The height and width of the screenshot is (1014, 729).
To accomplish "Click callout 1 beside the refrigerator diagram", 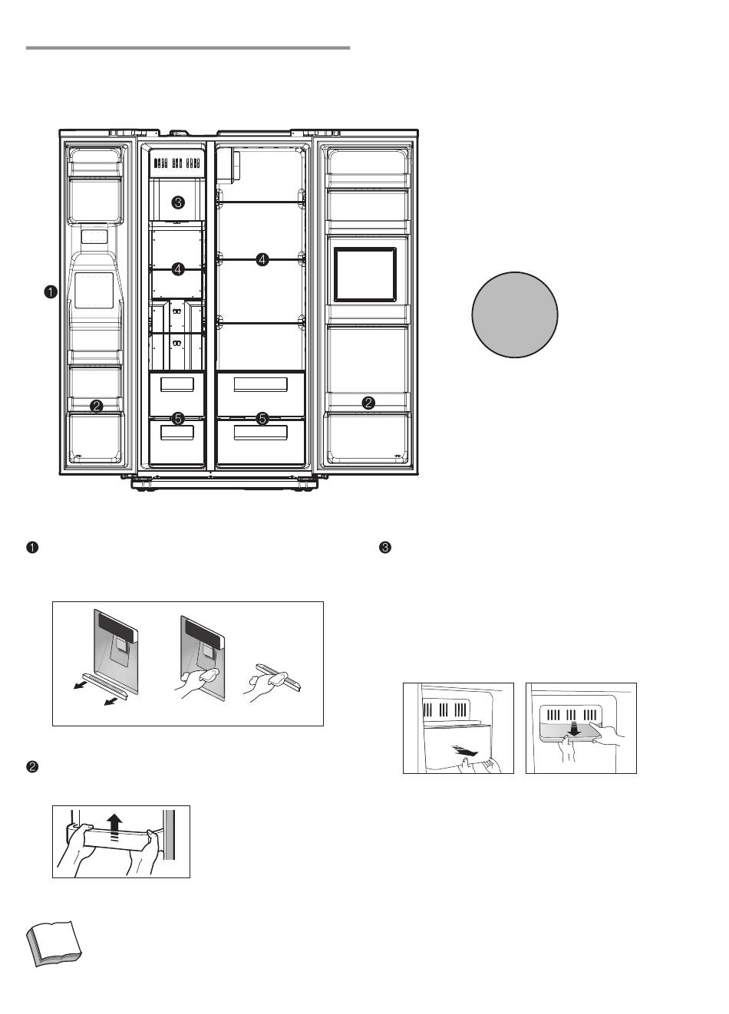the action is (x=50, y=291).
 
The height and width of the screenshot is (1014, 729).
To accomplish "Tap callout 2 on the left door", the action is (x=96, y=406).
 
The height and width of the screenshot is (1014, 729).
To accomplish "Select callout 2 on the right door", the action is (x=368, y=402).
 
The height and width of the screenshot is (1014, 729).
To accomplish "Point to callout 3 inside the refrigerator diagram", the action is (x=178, y=202).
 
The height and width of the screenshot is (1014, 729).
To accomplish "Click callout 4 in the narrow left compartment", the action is (x=178, y=269).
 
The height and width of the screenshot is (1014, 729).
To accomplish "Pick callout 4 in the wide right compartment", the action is (x=262, y=259).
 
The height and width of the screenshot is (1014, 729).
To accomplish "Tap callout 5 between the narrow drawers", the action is (x=178, y=419).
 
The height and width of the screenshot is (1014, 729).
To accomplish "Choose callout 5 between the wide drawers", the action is (x=262, y=419).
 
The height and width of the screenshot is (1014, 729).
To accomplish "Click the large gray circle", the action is (x=514, y=314).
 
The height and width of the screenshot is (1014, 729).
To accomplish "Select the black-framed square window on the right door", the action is (x=365, y=275).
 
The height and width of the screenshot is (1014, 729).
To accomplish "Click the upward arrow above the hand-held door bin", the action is (x=115, y=827).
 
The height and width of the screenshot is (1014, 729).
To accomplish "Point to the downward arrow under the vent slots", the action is (x=575, y=729).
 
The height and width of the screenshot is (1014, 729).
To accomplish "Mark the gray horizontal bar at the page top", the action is (x=188, y=48).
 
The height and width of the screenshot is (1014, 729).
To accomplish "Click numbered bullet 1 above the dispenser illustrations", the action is (x=32, y=548).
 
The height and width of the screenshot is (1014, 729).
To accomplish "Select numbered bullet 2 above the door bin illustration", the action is (x=32, y=767).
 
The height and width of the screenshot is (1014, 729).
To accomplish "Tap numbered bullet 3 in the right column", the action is (x=384, y=548).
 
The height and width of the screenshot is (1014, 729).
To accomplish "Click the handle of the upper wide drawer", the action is (x=260, y=384).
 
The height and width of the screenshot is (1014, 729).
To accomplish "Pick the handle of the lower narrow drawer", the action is (x=176, y=432).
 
